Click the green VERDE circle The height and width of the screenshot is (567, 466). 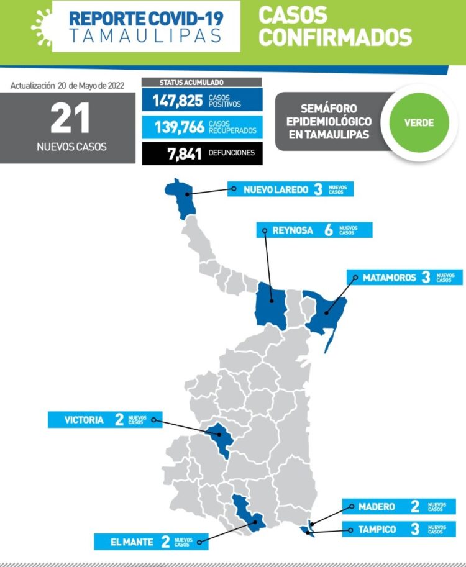pyautogui.click(x=419, y=122)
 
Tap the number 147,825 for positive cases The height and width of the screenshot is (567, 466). pyautogui.click(x=177, y=101)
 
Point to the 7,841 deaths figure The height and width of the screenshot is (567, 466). pyautogui.click(x=184, y=153)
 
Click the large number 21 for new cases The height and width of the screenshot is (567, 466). pyautogui.click(x=70, y=119)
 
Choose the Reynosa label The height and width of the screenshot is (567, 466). pyautogui.click(x=292, y=230)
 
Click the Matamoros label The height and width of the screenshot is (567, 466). pyautogui.click(x=390, y=278)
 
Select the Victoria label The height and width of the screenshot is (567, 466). pyautogui.click(x=84, y=420)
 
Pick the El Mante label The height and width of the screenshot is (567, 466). pyautogui.click(x=132, y=542)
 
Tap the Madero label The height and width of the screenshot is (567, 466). pyautogui.click(x=377, y=507)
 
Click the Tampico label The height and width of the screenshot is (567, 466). pyautogui.click(x=377, y=530)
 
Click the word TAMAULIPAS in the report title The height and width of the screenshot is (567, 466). pyautogui.click(x=145, y=37)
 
